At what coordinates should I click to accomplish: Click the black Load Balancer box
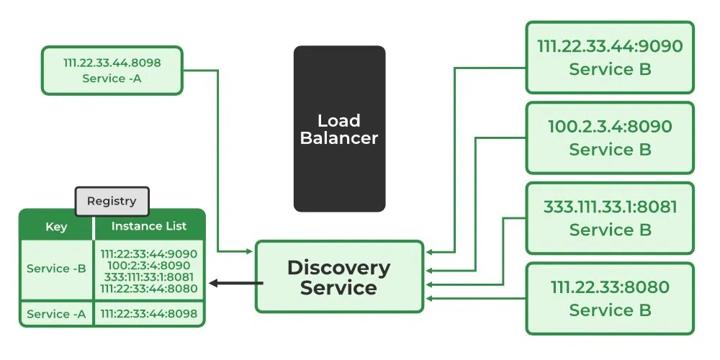coord(339,128)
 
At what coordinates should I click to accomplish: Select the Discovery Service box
coord(339,277)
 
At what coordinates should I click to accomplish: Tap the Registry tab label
coord(112,201)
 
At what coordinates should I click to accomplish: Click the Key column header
coord(56,227)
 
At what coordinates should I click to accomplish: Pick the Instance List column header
coord(149,226)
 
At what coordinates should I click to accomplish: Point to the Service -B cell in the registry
coord(56,269)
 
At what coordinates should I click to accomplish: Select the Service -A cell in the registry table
coord(56,314)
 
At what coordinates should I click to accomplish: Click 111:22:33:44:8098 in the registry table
coord(149,314)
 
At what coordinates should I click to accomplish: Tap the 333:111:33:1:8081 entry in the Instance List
coord(149,276)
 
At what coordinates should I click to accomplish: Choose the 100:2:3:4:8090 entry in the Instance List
coord(149,265)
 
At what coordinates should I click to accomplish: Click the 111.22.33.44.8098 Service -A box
coord(112,71)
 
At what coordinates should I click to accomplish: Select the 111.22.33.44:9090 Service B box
coord(610,58)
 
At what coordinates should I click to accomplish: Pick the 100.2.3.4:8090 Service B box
coord(610,138)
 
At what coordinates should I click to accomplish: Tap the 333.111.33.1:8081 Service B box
coord(610,218)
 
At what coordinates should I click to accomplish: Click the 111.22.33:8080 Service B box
coord(610,298)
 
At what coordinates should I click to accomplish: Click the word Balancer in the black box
coord(339,138)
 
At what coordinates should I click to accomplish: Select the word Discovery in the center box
coord(339,268)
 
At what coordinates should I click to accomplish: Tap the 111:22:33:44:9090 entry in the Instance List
coord(149,253)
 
